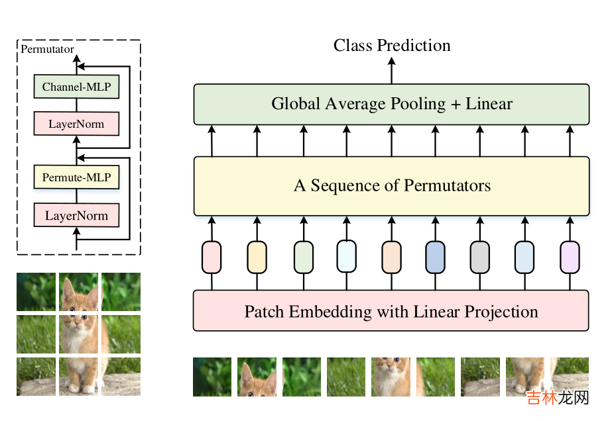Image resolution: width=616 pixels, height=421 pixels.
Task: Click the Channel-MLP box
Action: point(76,87)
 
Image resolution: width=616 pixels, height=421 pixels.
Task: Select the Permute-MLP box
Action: point(76,177)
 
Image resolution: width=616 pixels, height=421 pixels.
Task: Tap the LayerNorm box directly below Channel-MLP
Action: point(76,124)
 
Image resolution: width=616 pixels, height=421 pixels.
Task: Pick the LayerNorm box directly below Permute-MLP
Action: point(76,215)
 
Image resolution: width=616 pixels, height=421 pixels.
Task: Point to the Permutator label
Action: point(47,49)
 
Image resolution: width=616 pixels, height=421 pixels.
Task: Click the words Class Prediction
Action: point(392,45)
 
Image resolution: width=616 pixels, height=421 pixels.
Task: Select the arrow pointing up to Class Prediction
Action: point(391,70)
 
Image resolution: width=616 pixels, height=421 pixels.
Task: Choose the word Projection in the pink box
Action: point(503,311)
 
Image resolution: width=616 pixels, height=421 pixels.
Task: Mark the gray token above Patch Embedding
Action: point(479,257)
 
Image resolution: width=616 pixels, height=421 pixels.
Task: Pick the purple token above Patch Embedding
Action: point(570,257)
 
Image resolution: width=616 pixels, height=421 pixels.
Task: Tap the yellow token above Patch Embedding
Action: point(257,257)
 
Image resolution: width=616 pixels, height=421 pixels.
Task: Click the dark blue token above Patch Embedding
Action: point(435,257)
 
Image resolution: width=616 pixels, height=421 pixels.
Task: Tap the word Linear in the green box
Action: point(489,104)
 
